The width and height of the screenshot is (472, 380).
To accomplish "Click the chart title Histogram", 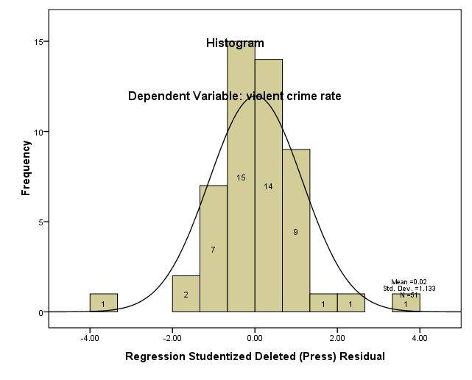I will (235, 43).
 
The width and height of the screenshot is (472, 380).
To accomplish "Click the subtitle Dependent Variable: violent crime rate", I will (234, 96).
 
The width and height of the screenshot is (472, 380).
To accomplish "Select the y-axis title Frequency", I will (27, 168).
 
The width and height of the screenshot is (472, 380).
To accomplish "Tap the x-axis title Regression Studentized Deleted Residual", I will (255, 357).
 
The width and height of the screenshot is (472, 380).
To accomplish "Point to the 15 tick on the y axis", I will (35, 41).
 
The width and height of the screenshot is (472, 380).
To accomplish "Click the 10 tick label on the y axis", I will (35, 132).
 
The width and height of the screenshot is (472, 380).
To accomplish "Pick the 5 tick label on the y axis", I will (38, 222).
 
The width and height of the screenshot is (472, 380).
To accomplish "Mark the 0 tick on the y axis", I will (38, 312).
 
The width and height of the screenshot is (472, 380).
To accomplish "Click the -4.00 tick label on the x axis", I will (90, 339).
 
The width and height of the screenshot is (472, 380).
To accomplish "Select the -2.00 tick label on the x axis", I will (172, 339).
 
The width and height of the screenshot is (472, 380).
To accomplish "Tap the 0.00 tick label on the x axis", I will (255, 339).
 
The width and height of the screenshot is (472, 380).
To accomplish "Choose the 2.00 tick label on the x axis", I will (337, 339).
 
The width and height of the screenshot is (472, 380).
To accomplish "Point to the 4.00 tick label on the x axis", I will (420, 339).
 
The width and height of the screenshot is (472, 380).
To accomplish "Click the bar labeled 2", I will (186, 295).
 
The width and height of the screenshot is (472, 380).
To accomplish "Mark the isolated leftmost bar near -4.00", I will (104, 303).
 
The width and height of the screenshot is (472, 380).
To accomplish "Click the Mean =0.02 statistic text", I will (409, 282).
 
